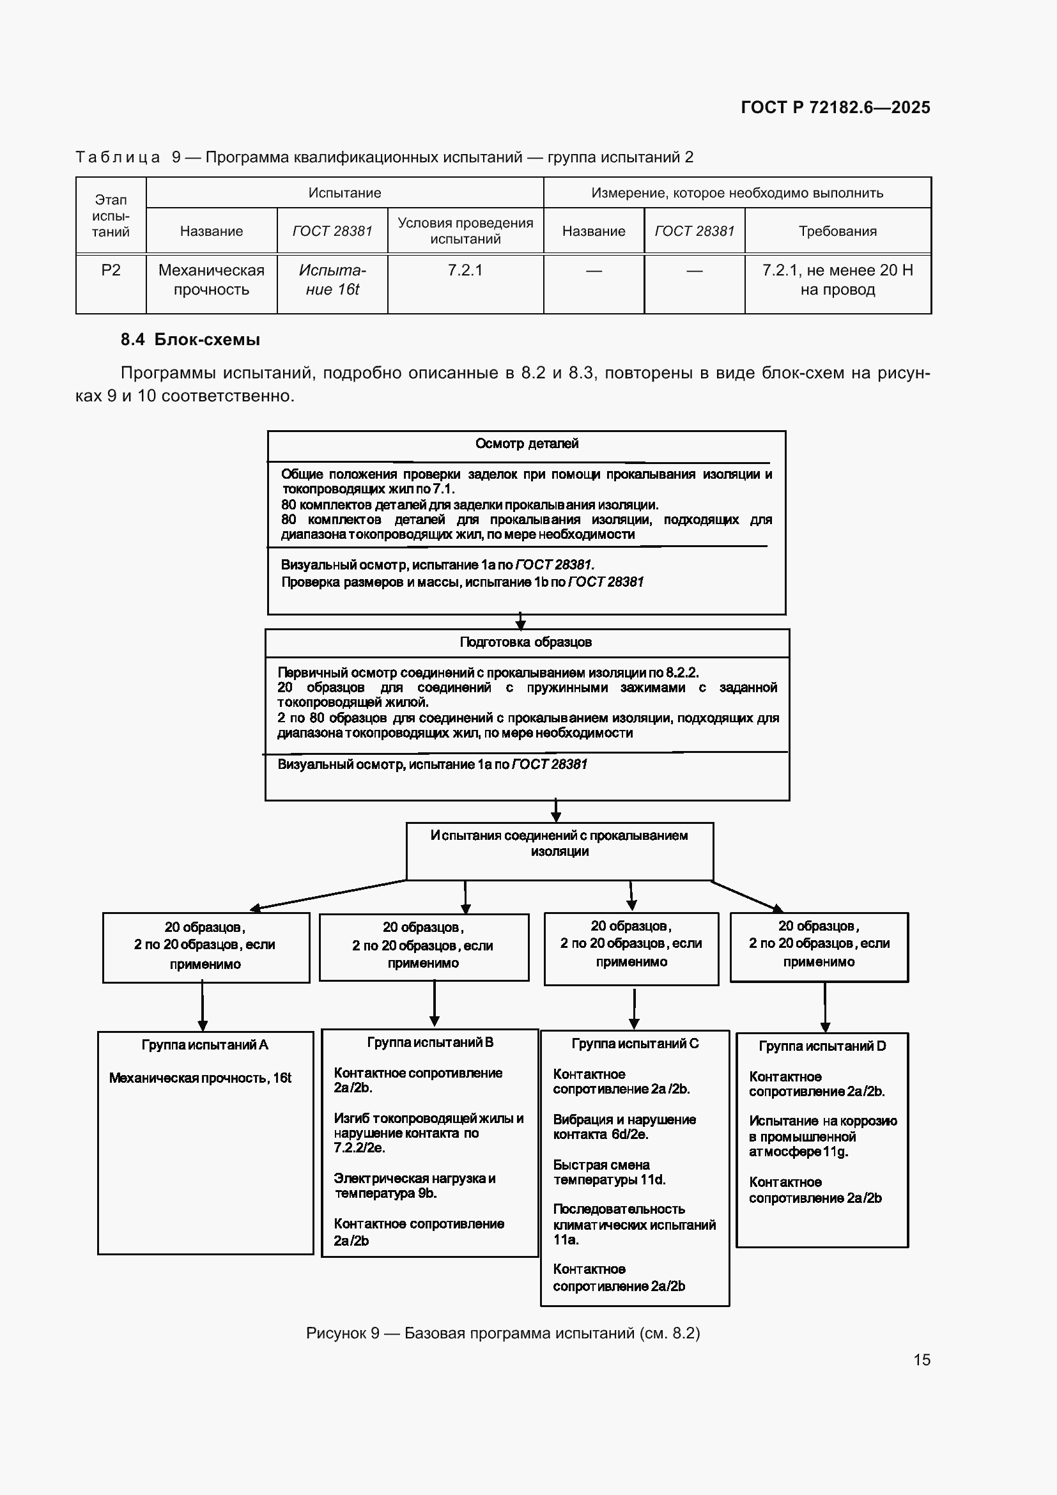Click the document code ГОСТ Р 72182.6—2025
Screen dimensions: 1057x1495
pyautogui.click(x=835, y=107)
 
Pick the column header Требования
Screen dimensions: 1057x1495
pyautogui.click(x=838, y=231)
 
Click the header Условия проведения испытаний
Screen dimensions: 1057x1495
pyautogui.click(x=465, y=231)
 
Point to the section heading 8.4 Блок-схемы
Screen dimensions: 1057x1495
pyautogui.click(x=190, y=339)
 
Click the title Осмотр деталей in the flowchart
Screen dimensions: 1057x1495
pyautogui.click(x=527, y=444)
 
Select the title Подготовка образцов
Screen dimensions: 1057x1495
pyautogui.click(x=526, y=642)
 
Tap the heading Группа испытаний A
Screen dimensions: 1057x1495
pyautogui.click(x=205, y=1044)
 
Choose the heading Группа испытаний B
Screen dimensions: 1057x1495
pyautogui.click(x=430, y=1042)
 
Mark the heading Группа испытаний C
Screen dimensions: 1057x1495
pyautogui.click(x=635, y=1043)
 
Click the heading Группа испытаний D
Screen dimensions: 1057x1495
pyautogui.click(x=822, y=1046)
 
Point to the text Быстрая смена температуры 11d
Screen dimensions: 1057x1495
pyautogui.click(x=609, y=1172)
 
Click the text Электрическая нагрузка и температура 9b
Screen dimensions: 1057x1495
pyautogui.click(x=415, y=1186)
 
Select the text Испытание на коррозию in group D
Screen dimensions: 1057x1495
pyautogui.click(x=822, y=1120)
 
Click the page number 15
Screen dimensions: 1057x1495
pyautogui.click(x=922, y=1359)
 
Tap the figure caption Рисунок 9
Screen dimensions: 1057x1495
pyautogui.click(x=343, y=1333)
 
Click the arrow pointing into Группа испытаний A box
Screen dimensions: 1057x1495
pyautogui.click(x=203, y=1006)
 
